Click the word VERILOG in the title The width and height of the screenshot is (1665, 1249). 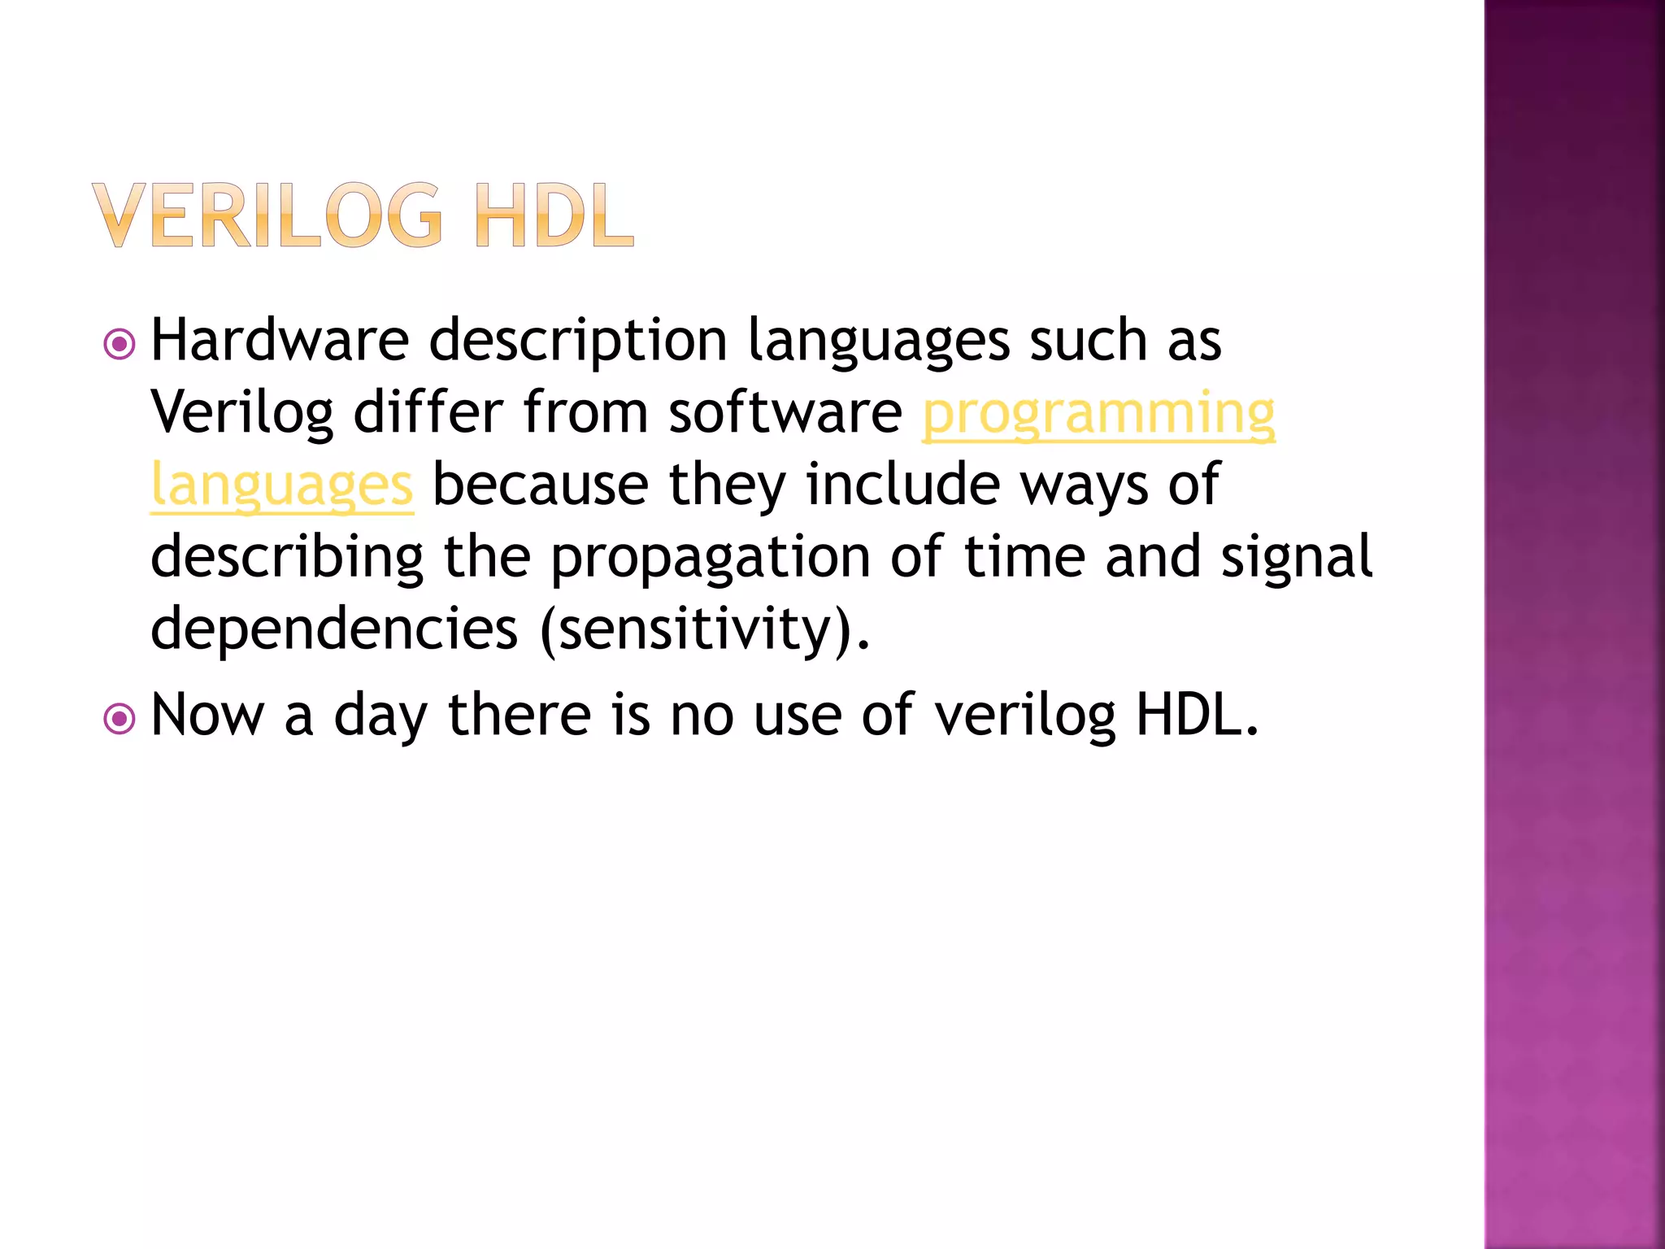(268, 215)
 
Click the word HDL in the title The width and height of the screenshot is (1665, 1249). (554, 215)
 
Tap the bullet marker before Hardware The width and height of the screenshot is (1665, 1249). (120, 344)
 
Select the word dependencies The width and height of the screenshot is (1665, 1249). (334, 629)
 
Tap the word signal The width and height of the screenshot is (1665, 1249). (1298, 558)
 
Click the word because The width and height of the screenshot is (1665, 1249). (541, 485)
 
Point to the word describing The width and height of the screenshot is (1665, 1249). (287, 558)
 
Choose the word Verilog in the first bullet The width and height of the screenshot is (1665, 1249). (242, 413)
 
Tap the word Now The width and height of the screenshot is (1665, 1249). (208, 716)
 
